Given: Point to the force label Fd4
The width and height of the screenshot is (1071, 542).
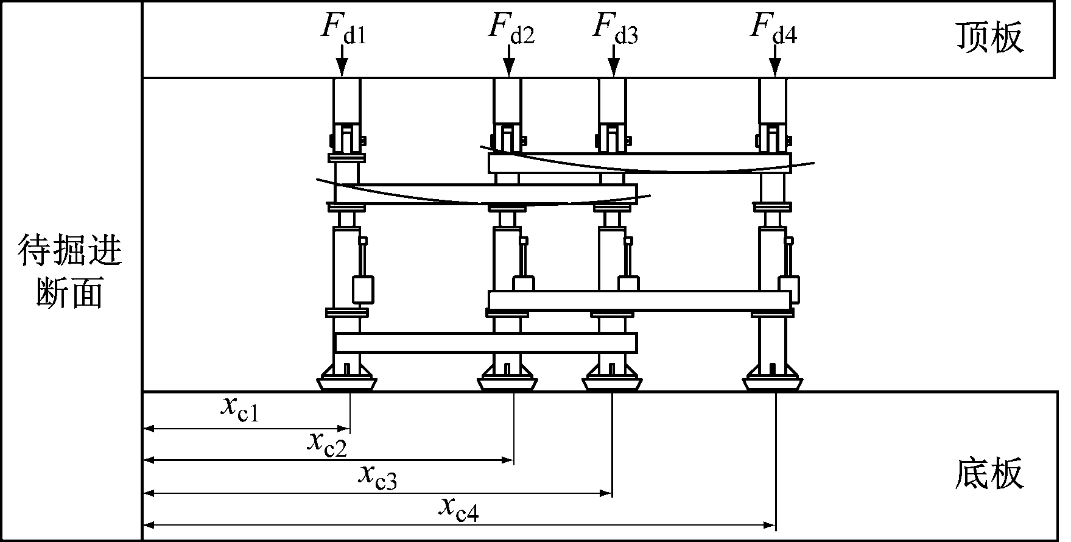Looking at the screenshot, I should coord(773,29).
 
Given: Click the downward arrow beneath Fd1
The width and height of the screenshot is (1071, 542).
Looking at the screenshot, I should coord(342,63).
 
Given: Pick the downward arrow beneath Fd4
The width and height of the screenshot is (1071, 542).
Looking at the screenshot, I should coord(774,63).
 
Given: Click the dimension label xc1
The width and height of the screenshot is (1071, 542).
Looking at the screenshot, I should coord(240,409).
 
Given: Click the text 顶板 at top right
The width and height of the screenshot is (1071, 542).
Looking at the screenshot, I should coord(989,38).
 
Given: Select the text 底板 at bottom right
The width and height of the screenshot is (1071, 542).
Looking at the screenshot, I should coord(989,474).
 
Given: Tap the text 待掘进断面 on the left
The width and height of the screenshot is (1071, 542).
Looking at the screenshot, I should coord(70,271).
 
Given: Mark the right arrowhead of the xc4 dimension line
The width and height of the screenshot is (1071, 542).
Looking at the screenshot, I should coord(770,524).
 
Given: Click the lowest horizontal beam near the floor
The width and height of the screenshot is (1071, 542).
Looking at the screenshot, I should coord(485,342).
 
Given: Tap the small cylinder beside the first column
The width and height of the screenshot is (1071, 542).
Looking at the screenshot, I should coord(363,290).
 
